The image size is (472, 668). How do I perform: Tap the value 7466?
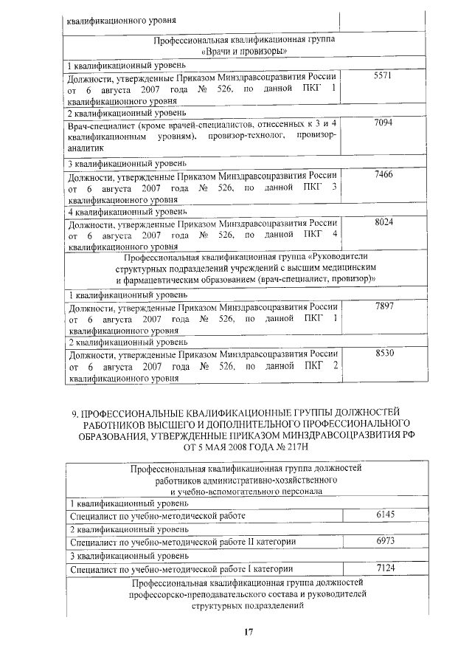382,173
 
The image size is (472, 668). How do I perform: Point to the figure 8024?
382,221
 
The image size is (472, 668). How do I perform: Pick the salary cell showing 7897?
382,305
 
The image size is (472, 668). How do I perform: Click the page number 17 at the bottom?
249,632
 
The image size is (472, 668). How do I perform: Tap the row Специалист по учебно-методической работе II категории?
181,542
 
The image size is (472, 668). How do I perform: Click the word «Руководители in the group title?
329,258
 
